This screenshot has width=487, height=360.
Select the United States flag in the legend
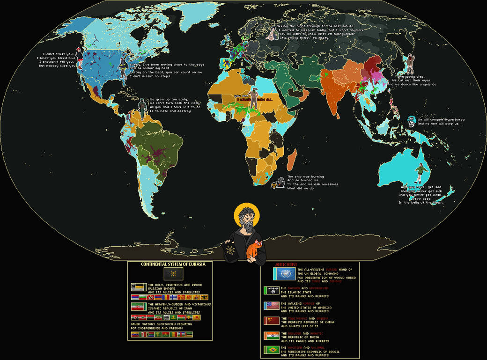272,306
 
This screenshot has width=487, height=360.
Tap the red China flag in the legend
272,321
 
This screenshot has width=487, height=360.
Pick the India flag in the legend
272,335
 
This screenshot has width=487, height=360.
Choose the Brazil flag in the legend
272,350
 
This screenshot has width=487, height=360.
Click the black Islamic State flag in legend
272,291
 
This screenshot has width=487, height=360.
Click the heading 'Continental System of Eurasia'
170,264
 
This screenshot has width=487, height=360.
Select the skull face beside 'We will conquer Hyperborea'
411,120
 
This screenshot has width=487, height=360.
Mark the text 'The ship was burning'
305,176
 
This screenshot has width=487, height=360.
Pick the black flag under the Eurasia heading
170,273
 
